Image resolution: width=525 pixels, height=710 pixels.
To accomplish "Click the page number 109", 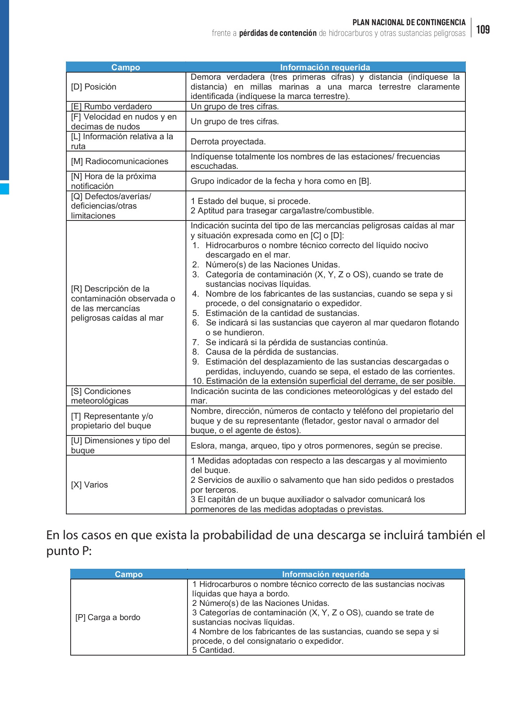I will [x=483, y=30].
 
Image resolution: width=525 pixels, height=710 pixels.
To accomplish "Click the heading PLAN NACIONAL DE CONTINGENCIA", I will [x=409, y=22].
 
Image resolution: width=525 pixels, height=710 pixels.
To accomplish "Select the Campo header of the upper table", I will [x=126, y=67].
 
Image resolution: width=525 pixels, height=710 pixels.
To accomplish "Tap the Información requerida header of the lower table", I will [x=325, y=574].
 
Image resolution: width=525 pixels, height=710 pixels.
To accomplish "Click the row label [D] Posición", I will [x=94, y=87].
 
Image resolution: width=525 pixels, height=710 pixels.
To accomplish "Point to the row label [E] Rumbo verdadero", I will [x=111, y=106].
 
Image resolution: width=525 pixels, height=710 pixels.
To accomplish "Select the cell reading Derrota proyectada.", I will [x=228, y=142].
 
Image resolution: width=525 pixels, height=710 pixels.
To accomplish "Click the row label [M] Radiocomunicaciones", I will [x=120, y=161].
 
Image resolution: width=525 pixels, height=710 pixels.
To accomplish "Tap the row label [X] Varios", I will [x=89, y=485].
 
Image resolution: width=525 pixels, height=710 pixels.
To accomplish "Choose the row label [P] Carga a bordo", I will [x=108, y=617].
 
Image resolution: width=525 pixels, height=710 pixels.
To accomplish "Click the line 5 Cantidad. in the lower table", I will [x=213, y=650].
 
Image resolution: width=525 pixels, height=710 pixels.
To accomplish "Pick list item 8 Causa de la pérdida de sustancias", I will [x=271, y=352].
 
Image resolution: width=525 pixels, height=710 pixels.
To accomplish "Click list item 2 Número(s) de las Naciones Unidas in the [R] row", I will [x=272, y=265].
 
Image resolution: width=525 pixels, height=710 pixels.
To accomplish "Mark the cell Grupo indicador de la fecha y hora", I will [x=281, y=181].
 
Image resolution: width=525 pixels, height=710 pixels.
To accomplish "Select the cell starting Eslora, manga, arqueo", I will [x=316, y=446].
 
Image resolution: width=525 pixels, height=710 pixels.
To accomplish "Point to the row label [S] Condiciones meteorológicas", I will [x=101, y=396].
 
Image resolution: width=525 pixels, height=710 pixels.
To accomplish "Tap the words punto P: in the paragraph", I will [x=69, y=551].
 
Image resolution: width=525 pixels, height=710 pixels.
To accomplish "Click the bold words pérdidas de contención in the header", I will [x=277, y=33].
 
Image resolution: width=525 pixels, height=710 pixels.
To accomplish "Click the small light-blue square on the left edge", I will [x=4, y=189].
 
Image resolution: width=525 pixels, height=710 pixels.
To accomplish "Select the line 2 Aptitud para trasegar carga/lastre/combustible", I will [x=282, y=211].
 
